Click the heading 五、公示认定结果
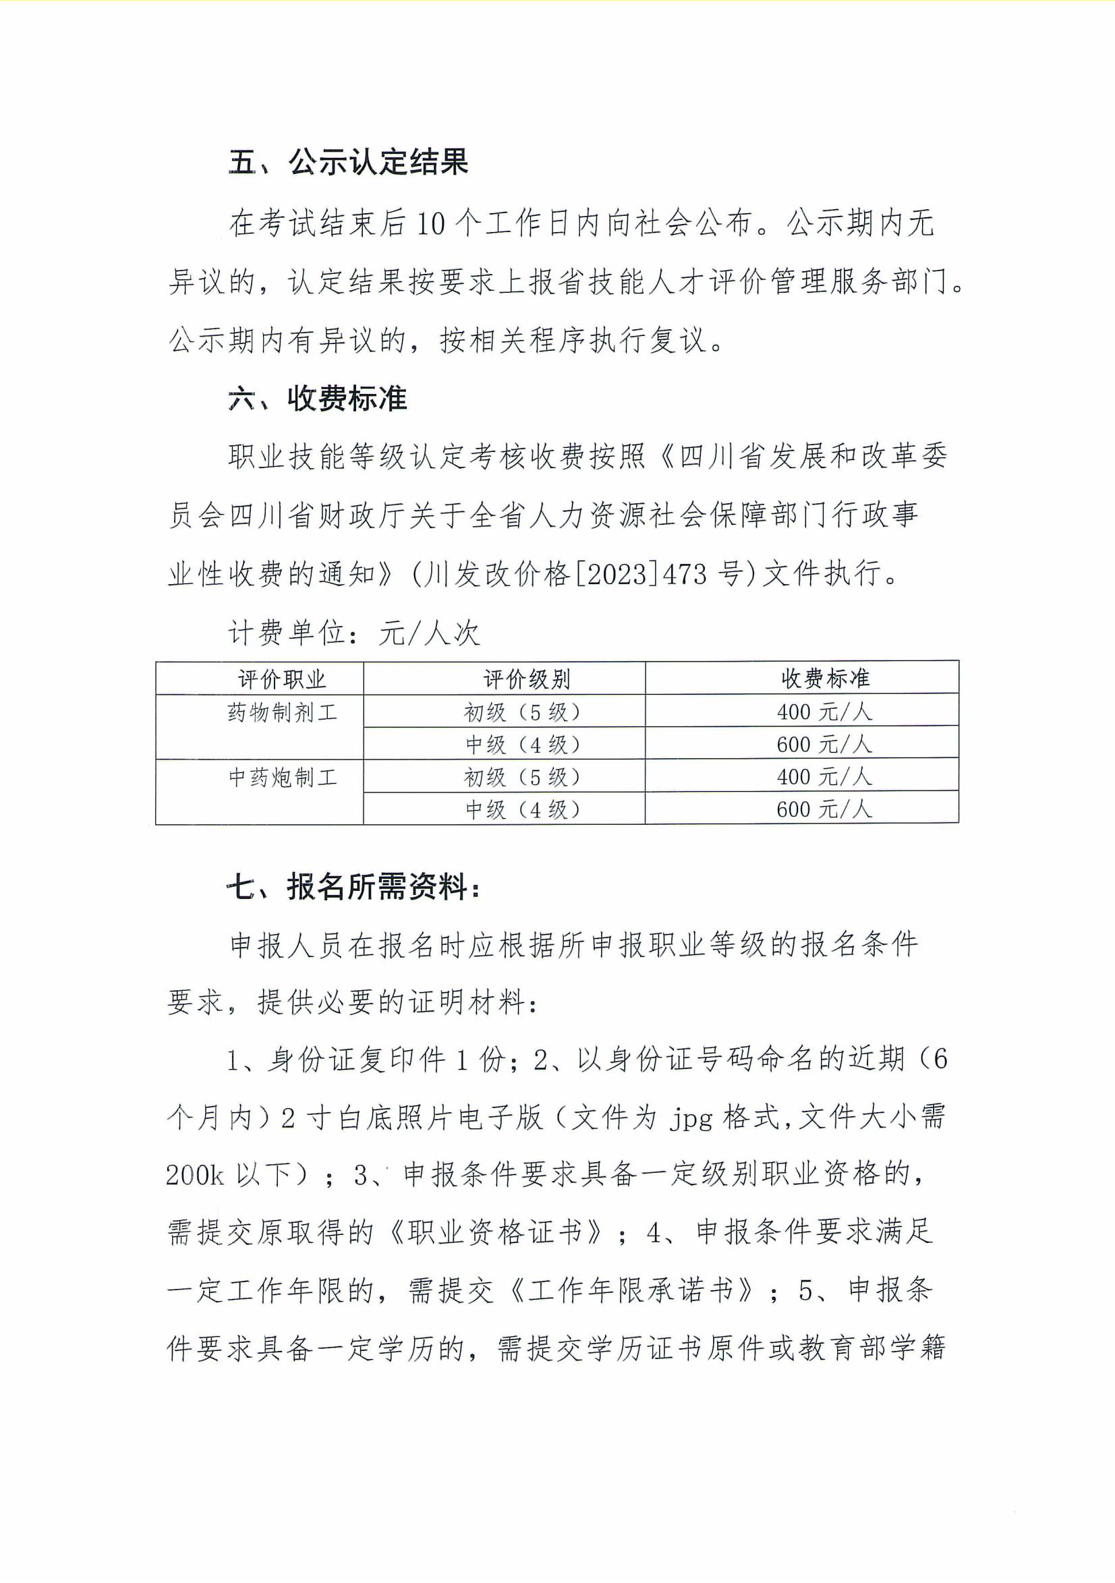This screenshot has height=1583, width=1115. [x=348, y=163]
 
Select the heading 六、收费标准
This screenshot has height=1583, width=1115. [x=318, y=399]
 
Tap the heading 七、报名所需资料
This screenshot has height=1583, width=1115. [x=353, y=887]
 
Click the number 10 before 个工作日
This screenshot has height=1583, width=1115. [x=431, y=223]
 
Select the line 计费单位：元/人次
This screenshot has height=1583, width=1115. [x=353, y=633]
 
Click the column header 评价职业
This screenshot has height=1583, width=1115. [x=281, y=679]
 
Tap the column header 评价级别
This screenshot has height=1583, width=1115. [x=526, y=679]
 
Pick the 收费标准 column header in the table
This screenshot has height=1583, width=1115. [x=825, y=679]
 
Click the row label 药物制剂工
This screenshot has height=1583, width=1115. [x=283, y=712]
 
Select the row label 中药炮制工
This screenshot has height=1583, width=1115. [x=283, y=778]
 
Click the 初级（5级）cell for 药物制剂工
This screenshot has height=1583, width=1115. [x=522, y=712]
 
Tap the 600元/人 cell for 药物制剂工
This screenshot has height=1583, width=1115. [x=824, y=744]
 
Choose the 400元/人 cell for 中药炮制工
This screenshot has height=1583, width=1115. [x=824, y=777]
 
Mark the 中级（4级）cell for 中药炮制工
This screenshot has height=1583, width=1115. [x=522, y=809]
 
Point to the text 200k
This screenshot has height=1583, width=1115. [x=194, y=1176]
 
